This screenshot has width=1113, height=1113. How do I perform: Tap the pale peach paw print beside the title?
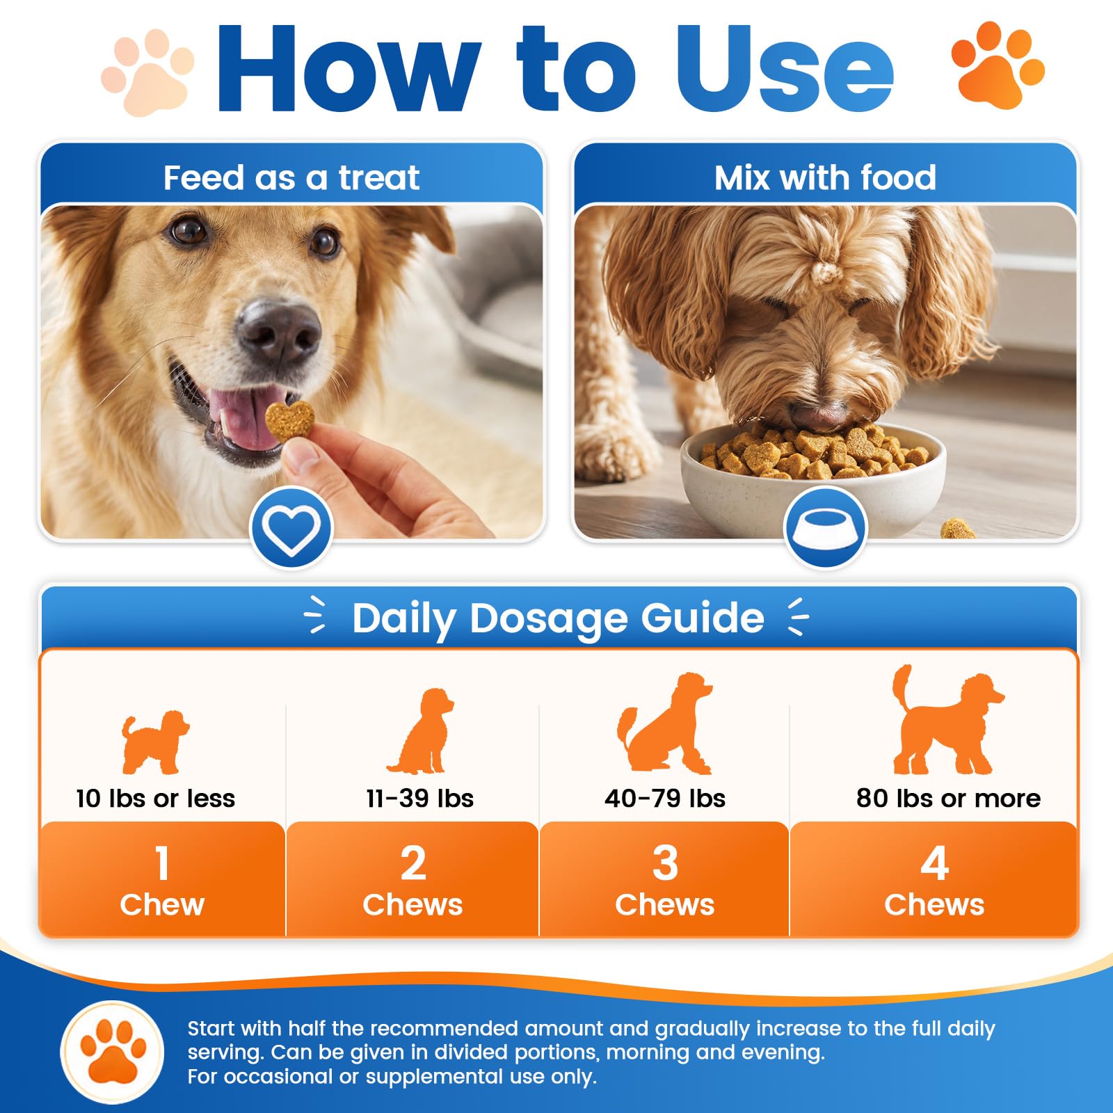(x=147, y=72)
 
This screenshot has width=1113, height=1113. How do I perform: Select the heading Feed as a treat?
(x=291, y=177)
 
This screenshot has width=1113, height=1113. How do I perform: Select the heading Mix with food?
(x=825, y=177)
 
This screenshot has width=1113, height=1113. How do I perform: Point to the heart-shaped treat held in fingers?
(x=289, y=421)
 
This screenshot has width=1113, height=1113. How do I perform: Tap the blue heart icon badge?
(x=291, y=528)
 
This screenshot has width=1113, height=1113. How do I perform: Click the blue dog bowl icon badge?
(x=825, y=528)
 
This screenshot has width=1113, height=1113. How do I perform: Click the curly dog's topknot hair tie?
(x=826, y=271)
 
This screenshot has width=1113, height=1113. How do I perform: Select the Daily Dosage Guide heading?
(x=558, y=618)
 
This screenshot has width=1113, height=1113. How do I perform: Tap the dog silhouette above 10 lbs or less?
(x=154, y=742)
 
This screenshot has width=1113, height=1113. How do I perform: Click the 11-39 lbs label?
(x=420, y=798)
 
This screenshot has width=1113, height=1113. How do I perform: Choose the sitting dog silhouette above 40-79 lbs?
(x=665, y=723)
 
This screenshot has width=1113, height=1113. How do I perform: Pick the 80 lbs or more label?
(x=948, y=798)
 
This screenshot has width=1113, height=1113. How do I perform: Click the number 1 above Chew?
(x=162, y=863)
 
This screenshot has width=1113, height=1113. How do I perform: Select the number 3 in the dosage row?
(x=665, y=863)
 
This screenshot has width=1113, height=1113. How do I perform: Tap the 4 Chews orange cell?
(x=934, y=879)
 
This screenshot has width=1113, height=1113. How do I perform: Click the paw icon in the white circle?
(x=113, y=1052)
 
